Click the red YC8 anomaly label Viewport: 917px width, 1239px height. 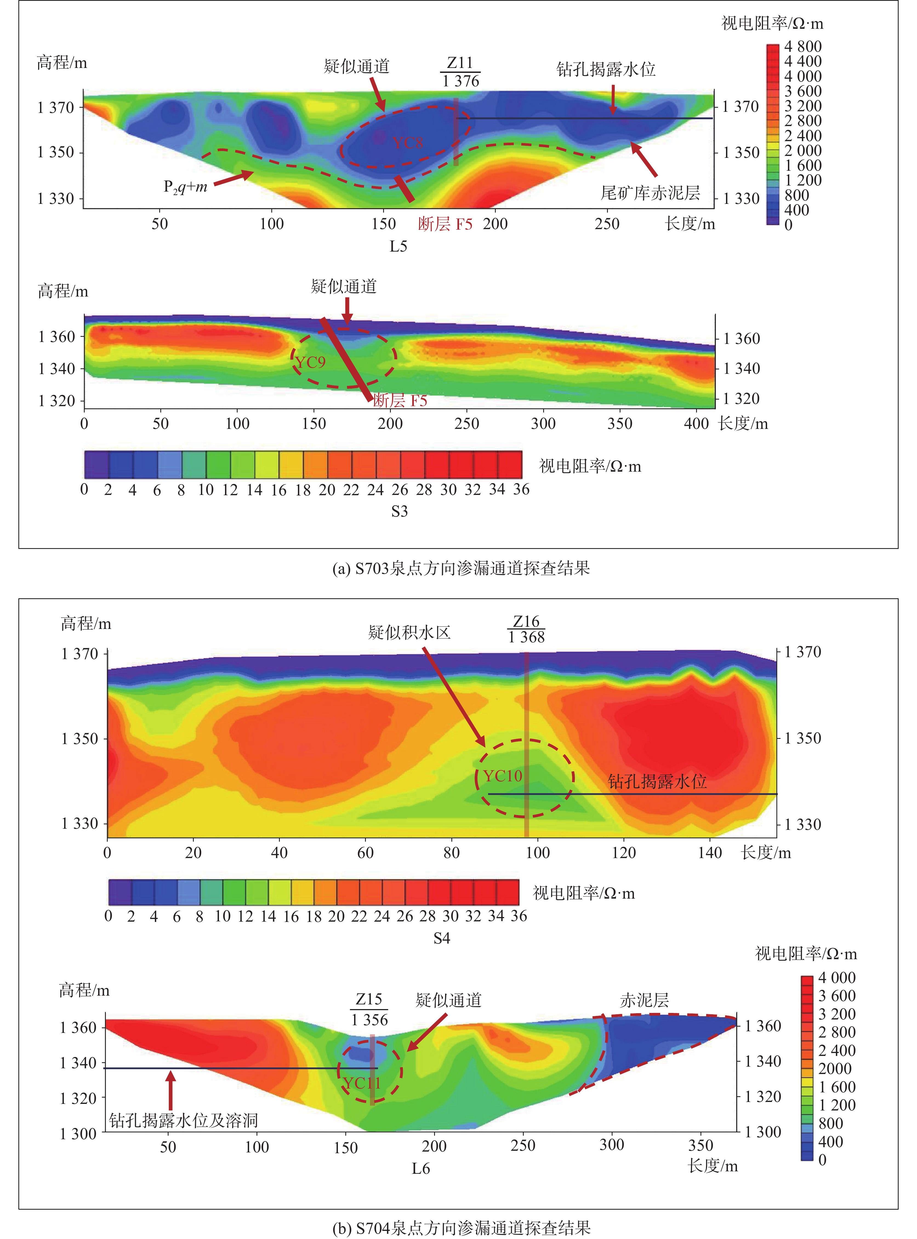408,143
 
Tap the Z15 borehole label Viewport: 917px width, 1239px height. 369,999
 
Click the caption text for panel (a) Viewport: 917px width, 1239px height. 461,568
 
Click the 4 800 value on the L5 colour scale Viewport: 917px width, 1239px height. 803,47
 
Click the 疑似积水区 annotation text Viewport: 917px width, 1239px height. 409,632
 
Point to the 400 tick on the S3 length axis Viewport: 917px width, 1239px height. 696,423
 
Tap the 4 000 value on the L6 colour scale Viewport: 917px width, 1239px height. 836,978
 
